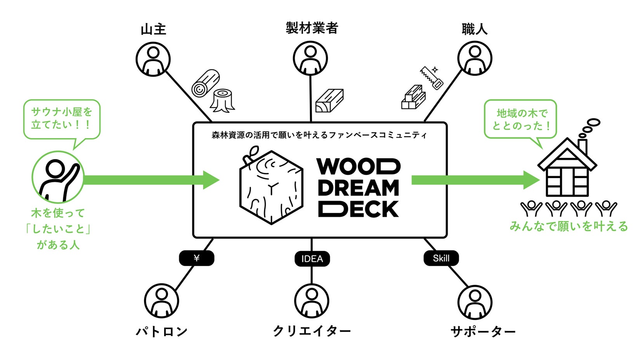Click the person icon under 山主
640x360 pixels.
pyautogui.click(x=153, y=59)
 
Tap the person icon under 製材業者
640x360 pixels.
pyautogui.click(x=310, y=58)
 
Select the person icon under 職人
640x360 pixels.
pyautogui.click(x=474, y=58)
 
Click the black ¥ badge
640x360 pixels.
pyautogui.click(x=196, y=258)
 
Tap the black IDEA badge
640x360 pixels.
pyautogui.click(x=312, y=259)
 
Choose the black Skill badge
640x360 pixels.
pyautogui.click(x=441, y=258)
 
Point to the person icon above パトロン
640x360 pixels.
pyautogui.click(x=161, y=301)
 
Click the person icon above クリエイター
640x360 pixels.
pyautogui.click(x=311, y=301)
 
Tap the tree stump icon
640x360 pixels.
pyautogui.click(x=223, y=100)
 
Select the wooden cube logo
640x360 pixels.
pyautogui.click(x=271, y=186)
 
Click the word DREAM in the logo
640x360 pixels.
pyautogui.click(x=358, y=188)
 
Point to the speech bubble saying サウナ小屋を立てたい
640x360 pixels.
pyautogui.click(x=62, y=119)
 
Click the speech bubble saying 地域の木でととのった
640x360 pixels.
pyautogui.click(x=520, y=119)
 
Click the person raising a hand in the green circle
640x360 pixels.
pyautogui.click(x=58, y=177)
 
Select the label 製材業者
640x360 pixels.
pyautogui.click(x=312, y=28)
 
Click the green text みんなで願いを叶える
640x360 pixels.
pyautogui.click(x=568, y=226)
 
